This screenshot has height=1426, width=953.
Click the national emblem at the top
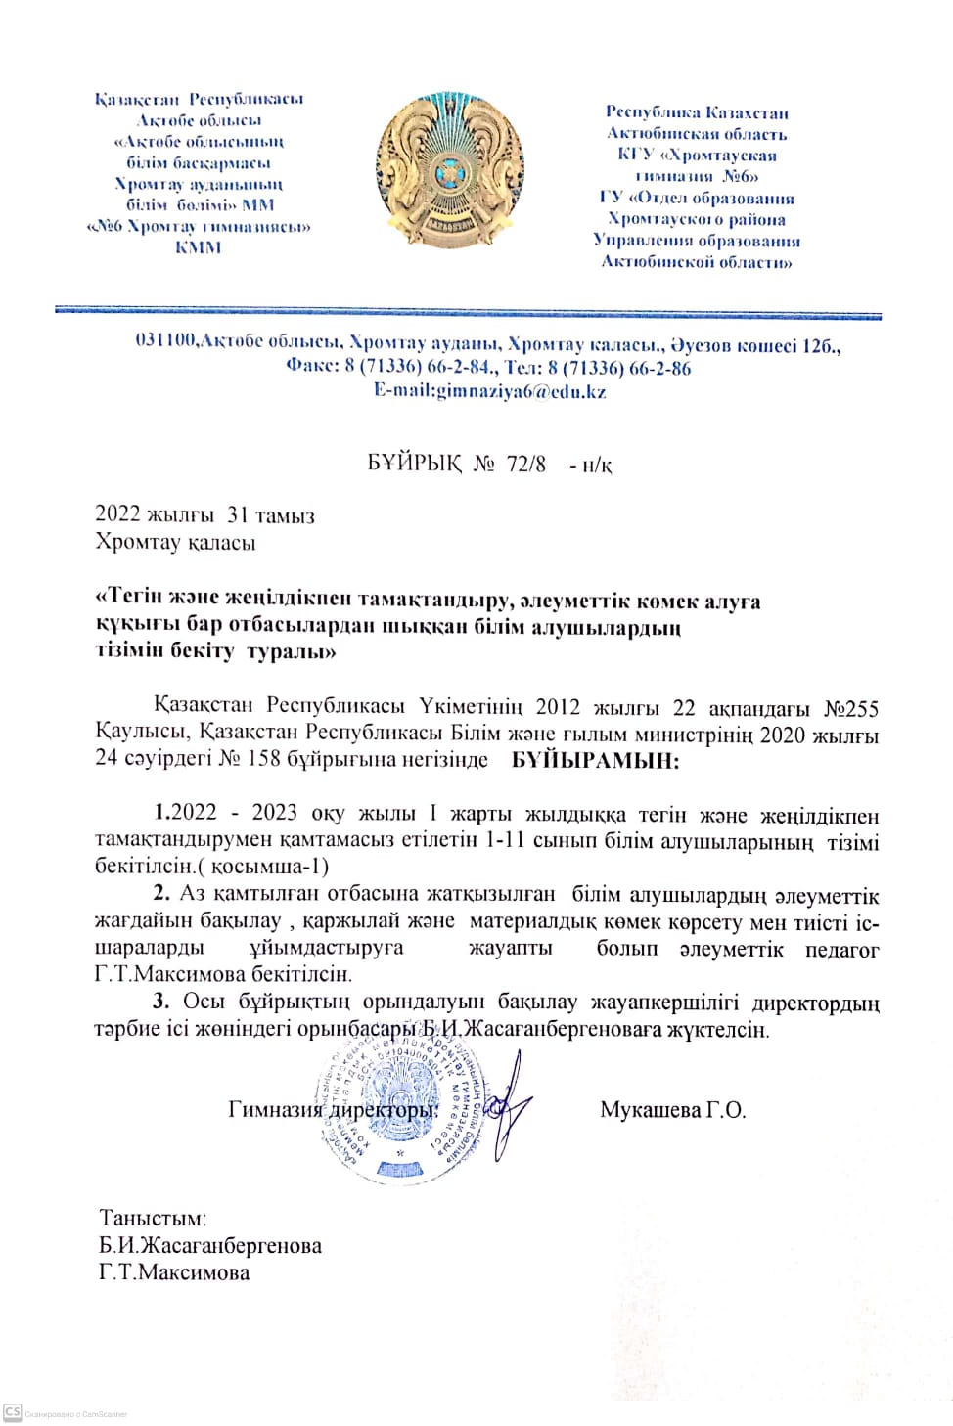point(449,172)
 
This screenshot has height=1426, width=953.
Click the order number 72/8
point(526,464)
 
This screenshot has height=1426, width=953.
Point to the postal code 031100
point(165,340)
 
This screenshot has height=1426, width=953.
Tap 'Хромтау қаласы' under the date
point(175,542)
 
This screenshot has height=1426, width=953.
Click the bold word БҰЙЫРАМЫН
point(595,760)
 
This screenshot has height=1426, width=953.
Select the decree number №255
point(851,708)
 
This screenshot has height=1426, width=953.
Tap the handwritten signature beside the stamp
point(509,1105)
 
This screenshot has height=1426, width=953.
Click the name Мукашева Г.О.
point(672,1110)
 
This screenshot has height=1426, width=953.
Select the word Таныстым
point(153,1219)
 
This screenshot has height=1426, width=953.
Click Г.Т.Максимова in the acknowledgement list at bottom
point(174,1272)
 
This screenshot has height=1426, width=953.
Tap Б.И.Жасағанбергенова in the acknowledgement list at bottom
point(209,1245)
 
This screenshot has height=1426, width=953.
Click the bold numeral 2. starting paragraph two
point(161,893)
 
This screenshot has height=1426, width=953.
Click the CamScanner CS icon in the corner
point(12,1412)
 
